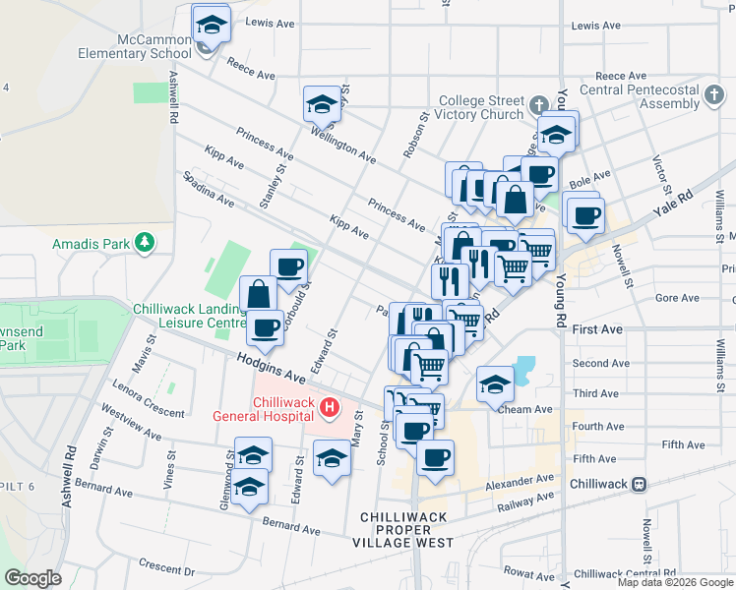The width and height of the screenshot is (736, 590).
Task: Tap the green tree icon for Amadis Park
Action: point(145,241)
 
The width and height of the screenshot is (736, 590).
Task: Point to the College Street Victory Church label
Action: point(481,107)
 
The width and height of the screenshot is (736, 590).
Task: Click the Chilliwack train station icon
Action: point(640,484)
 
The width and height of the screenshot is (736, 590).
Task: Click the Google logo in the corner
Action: point(32,578)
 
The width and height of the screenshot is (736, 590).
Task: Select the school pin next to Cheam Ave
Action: point(495,384)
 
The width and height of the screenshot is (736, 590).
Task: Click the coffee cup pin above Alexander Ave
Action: point(435,456)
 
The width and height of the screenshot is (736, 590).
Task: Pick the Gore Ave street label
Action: point(676,297)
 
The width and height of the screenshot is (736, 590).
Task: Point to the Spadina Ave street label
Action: point(207,189)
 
